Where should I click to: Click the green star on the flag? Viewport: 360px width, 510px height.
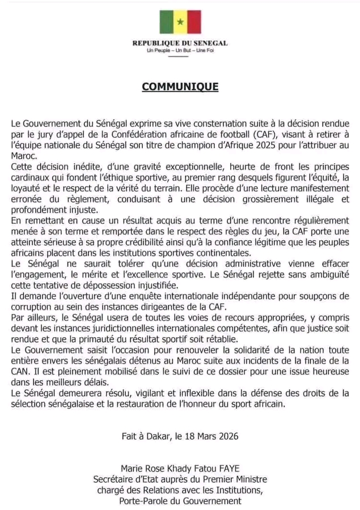click(180, 22)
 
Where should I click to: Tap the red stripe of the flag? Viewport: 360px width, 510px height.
click(193, 22)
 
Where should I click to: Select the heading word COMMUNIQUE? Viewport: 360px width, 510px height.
click(180, 87)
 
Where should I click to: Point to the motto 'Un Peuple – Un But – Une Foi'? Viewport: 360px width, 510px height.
click(180, 50)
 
